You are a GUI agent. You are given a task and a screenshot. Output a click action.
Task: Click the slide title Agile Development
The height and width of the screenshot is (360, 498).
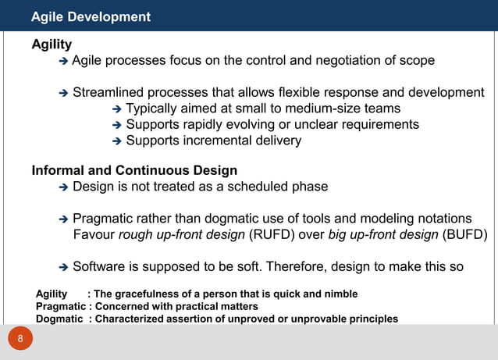91,16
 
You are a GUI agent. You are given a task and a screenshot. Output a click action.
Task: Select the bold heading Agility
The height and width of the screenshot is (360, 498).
52,45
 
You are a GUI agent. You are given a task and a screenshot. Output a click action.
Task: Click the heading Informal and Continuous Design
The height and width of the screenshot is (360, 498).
134,170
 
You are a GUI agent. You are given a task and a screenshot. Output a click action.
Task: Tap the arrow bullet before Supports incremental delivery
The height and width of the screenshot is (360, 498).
117,141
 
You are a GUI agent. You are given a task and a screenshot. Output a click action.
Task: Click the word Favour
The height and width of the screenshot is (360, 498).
94,235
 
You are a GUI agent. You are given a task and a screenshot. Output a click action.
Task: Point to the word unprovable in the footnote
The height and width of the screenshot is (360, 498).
317,319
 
